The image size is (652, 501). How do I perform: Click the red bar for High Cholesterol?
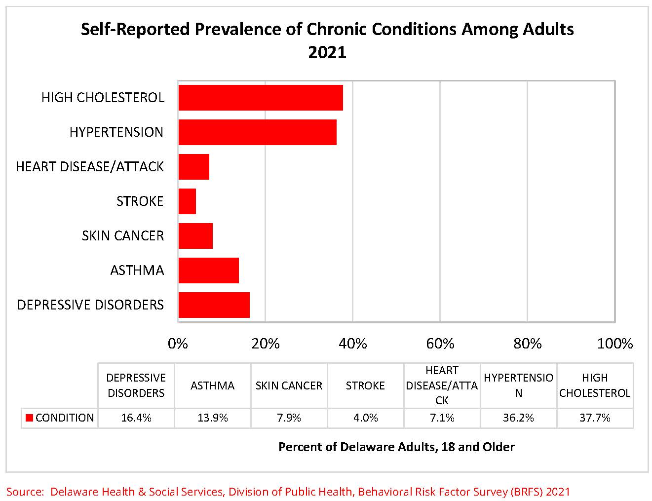[x=261, y=98]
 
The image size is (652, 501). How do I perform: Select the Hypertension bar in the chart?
[x=257, y=132]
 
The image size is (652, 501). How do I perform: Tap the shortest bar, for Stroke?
[x=187, y=201]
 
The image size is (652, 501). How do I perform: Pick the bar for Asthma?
[x=208, y=270]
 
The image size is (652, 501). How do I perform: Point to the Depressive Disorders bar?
[x=214, y=305]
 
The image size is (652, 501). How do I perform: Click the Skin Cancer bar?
[x=195, y=236]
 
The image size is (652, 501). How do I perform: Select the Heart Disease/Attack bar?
[x=193, y=167]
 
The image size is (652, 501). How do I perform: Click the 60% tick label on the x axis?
[x=440, y=344]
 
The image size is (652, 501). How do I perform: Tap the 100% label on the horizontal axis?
[x=614, y=344]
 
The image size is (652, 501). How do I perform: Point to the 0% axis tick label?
[x=178, y=344]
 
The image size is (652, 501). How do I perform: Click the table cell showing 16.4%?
[x=136, y=418]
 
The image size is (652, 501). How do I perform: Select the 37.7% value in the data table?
[x=595, y=418]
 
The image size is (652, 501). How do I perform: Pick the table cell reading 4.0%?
[x=365, y=418]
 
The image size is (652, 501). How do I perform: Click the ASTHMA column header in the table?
[x=212, y=385]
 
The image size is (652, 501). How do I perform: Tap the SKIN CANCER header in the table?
[x=289, y=385]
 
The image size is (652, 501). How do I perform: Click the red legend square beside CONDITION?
[x=29, y=418]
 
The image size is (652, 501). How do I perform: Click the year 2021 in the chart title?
[x=327, y=52]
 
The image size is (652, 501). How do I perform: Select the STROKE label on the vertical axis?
[x=140, y=201]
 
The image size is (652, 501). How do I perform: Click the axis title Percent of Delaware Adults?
[x=396, y=447]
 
